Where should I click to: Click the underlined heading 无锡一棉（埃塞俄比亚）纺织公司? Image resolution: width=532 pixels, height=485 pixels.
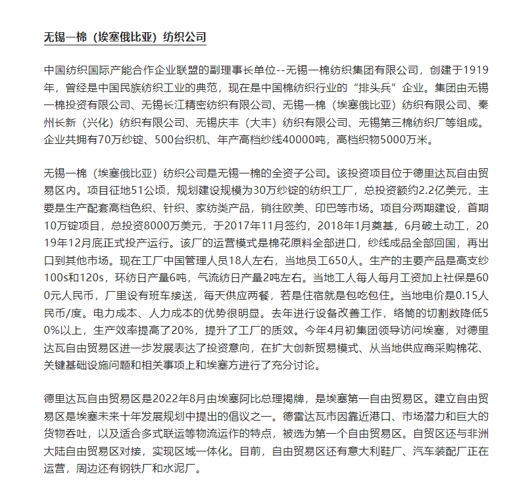124,36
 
